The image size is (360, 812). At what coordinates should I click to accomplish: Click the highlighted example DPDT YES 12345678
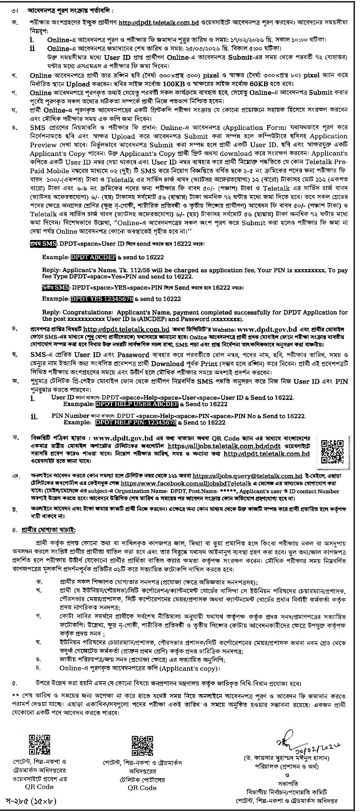(x=102, y=299)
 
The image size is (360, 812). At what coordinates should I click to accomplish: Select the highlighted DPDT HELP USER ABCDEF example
(x=137, y=404)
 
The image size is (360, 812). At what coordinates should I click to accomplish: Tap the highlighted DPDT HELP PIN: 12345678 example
(x=136, y=423)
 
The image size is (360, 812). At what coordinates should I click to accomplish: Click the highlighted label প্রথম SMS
(x=43, y=244)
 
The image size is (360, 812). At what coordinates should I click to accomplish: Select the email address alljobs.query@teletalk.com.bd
(x=247, y=476)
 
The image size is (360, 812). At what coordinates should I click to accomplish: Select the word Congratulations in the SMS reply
(x=86, y=312)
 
